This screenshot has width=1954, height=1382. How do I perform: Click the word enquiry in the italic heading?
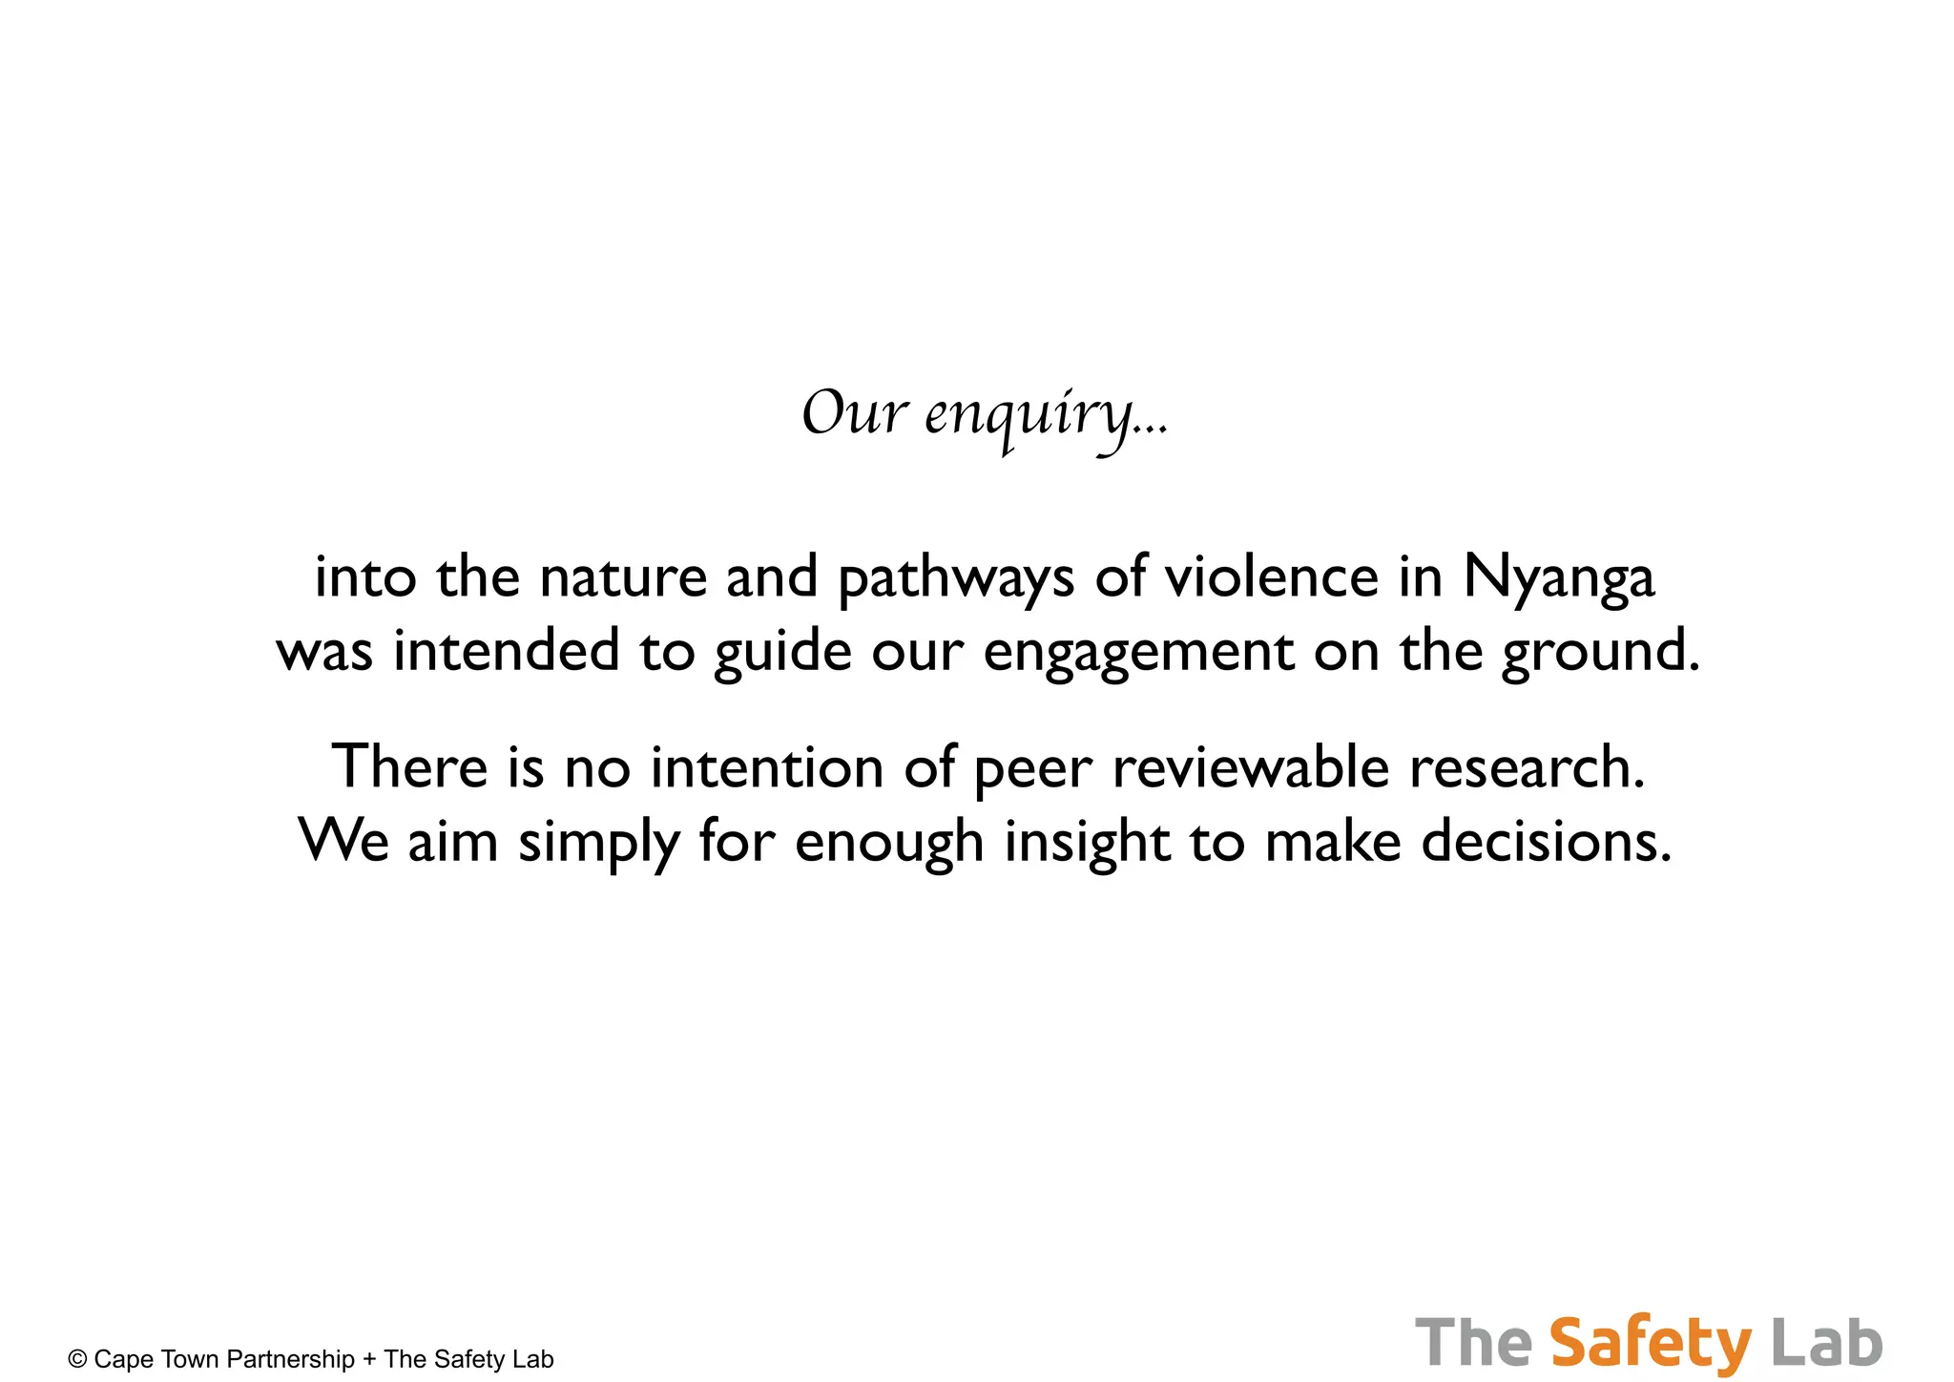[x=1046, y=415]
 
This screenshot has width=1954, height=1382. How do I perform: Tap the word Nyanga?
[x=1558, y=578]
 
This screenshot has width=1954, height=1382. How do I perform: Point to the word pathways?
[x=956, y=578]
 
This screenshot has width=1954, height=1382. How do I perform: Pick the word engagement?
[x=1138, y=653]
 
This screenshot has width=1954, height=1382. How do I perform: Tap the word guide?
[x=782, y=653]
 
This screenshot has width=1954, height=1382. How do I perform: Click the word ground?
[x=1600, y=653]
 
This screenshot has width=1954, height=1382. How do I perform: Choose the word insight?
[x=1087, y=842]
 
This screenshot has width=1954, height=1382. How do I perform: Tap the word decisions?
[x=1546, y=842]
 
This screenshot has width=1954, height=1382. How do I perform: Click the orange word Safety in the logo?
[x=1651, y=1344]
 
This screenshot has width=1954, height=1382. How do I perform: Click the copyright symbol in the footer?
[x=77, y=1359]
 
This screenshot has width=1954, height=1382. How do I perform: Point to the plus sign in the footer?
[x=369, y=1359]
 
